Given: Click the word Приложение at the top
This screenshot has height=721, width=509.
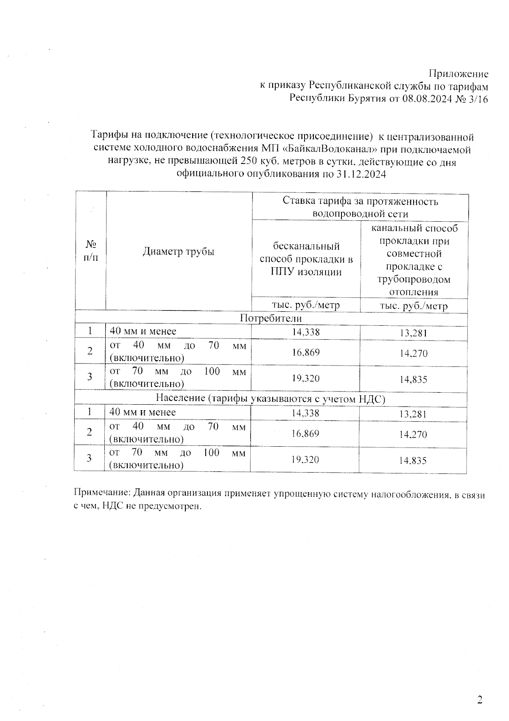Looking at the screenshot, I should click(x=459, y=74).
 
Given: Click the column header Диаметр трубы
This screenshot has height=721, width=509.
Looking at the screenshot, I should click(x=178, y=251).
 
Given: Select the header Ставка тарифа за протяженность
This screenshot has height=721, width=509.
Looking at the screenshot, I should click(x=360, y=201).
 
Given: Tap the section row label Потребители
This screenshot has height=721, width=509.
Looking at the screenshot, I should click(x=271, y=318).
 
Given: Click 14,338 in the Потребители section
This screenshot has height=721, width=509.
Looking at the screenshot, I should click(x=306, y=332).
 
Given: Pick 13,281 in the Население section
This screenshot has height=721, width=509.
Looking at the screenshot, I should click(x=413, y=414).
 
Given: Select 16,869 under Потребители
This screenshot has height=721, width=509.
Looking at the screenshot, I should click(x=306, y=352).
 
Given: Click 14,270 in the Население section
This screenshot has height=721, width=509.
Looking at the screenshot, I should click(x=413, y=434).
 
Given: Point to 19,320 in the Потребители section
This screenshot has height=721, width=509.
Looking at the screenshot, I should click(x=306, y=378).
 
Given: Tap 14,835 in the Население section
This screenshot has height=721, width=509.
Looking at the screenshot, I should click(x=413, y=461).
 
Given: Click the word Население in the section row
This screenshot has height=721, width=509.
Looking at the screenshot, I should click(x=180, y=399).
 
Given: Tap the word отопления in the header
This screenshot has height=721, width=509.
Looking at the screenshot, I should click(x=413, y=292).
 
